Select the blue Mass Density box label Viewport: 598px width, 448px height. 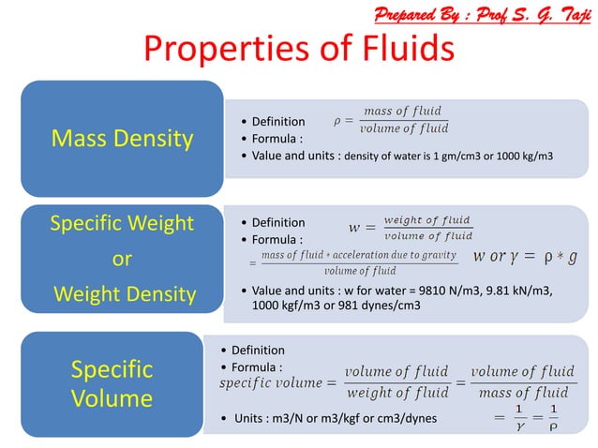[122, 140]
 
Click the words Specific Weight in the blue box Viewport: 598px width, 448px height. [122, 224]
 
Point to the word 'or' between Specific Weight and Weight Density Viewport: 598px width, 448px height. [122, 260]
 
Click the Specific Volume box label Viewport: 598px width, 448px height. [112, 383]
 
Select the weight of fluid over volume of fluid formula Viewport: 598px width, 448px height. [427, 228]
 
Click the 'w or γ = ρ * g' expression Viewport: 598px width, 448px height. [526, 256]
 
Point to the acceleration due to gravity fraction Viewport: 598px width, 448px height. [359, 262]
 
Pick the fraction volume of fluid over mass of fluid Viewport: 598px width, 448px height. [521, 382]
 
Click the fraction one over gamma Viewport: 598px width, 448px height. [519, 418]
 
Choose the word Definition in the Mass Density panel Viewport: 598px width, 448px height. [278, 121]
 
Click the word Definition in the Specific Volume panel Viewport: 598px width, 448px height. [258, 350]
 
